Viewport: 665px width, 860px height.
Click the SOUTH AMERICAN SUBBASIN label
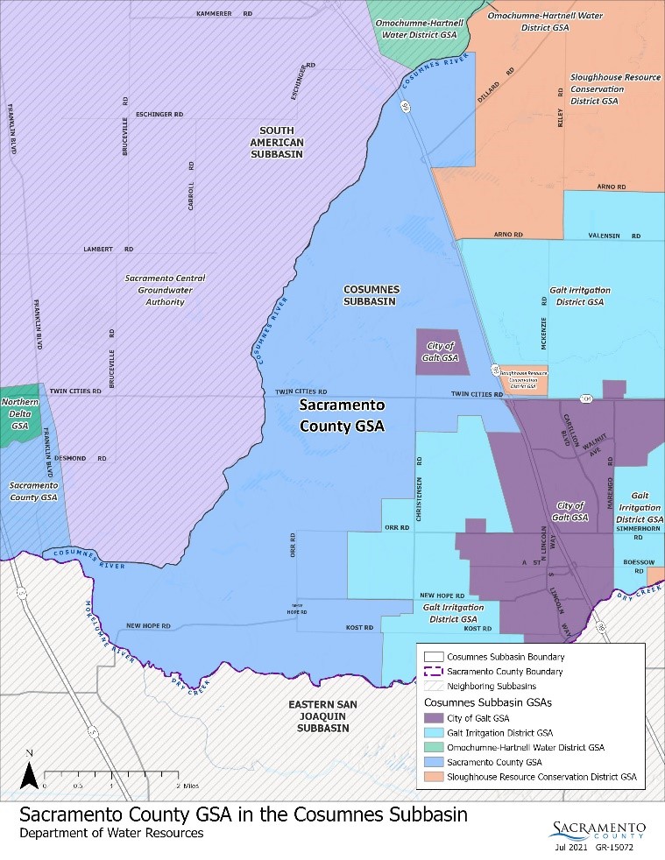[274, 141]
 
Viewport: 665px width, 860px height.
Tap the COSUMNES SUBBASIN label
[371, 295]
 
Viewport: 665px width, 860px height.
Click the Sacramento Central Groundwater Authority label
[165, 290]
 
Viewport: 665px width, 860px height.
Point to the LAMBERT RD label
[108, 250]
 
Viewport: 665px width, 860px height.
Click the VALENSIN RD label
[613, 236]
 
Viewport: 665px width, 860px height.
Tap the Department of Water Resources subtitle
[111, 834]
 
